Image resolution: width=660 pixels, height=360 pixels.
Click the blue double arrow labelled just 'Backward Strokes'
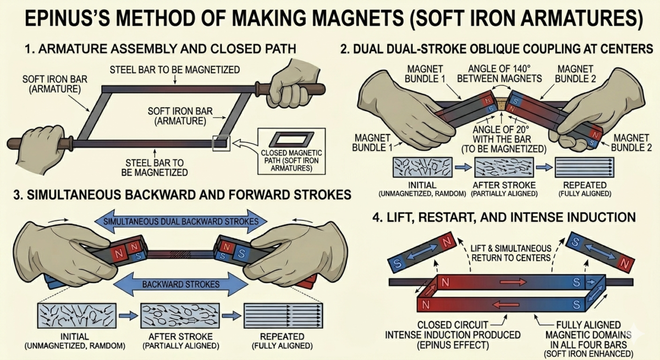click(182, 285)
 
